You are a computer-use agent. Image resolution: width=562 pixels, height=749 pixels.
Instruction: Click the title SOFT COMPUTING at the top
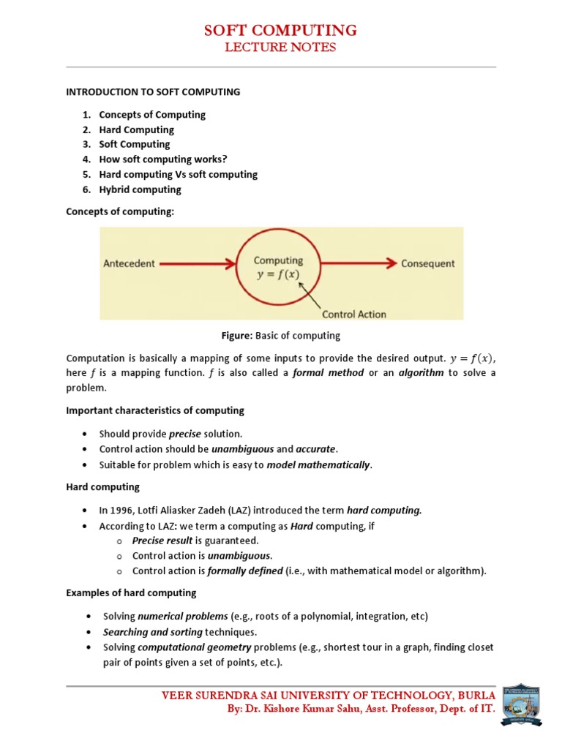(x=280, y=30)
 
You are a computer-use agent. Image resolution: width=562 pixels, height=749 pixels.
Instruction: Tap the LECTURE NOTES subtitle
(x=280, y=48)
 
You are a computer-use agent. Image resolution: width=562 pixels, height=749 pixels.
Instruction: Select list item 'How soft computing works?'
(x=163, y=159)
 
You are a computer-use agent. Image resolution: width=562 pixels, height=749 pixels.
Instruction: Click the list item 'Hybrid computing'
(x=140, y=189)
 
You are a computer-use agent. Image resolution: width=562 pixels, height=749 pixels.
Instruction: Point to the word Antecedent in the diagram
(x=129, y=264)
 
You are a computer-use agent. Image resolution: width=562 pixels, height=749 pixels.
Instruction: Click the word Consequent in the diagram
(x=427, y=263)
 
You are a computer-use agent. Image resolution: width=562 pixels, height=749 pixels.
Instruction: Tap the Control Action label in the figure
(x=354, y=314)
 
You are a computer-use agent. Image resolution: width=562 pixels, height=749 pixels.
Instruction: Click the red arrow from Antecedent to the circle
(x=198, y=263)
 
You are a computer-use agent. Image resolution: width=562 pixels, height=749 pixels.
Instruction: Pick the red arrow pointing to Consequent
(x=359, y=263)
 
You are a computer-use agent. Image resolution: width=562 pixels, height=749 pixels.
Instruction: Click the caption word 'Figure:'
(x=237, y=336)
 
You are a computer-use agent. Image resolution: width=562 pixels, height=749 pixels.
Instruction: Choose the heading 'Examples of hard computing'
(x=131, y=592)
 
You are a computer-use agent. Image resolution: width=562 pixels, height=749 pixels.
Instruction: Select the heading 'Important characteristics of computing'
(x=155, y=410)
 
